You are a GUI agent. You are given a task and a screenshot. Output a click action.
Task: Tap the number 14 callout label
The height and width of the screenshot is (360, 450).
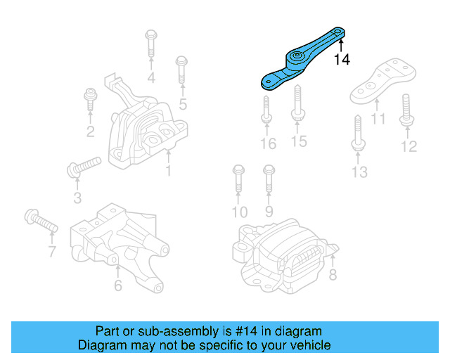point(342,60)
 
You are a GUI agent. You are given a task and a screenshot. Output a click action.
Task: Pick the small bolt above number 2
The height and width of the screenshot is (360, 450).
point(90,99)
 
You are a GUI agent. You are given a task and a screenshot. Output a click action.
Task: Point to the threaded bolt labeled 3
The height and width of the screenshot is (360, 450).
point(84,167)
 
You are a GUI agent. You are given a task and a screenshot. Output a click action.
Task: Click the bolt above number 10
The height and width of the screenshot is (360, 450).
point(238,179)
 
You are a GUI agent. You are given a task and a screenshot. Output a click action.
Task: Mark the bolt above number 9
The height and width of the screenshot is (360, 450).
point(269,179)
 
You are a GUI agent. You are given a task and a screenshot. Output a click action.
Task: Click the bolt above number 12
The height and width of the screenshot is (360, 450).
point(407,110)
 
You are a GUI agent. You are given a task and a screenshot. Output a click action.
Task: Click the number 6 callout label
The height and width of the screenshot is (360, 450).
point(118,285)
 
